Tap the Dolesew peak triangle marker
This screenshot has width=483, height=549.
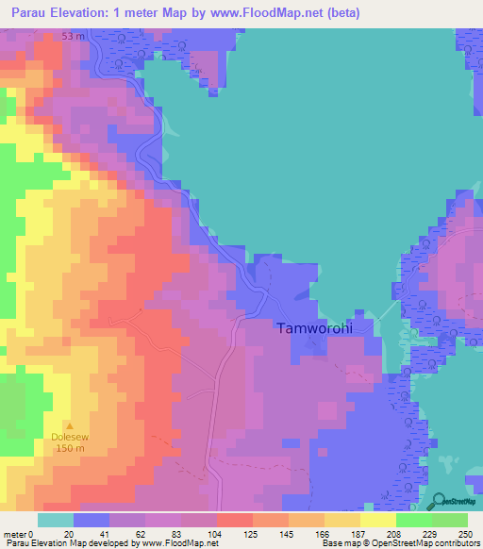point(68,425)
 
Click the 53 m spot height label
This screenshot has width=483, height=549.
point(74,35)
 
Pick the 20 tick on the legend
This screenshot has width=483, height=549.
point(68,533)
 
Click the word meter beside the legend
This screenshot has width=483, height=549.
point(15,533)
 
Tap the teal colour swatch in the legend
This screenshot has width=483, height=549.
point(56,520)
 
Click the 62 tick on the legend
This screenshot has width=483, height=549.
point(140,533)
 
